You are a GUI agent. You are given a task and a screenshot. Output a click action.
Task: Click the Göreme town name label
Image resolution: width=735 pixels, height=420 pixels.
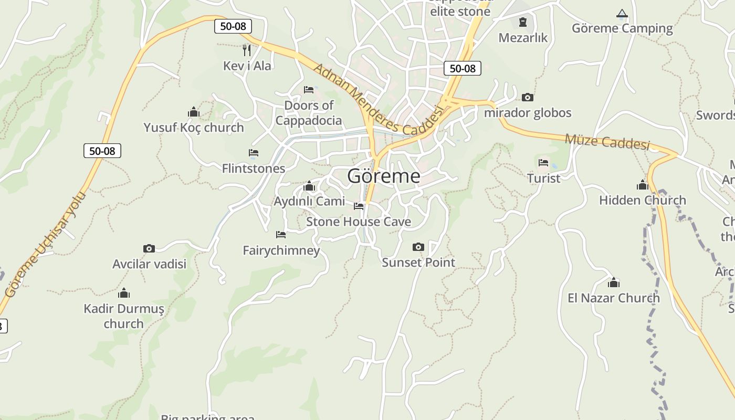[x=384, y=176]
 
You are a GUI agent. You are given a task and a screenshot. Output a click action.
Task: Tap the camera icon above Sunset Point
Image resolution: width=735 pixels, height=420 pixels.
[x=418, y=247]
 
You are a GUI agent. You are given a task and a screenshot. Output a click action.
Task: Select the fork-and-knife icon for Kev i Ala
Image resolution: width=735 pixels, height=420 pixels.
[x=247, y=50]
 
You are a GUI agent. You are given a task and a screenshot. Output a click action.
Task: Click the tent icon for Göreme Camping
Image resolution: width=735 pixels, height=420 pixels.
[x=622, y=14]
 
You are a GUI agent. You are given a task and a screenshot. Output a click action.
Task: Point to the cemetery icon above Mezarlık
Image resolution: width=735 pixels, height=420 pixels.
[x=523, y=22]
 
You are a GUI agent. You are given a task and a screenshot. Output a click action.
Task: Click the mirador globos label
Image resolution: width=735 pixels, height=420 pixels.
[x=528, y=113]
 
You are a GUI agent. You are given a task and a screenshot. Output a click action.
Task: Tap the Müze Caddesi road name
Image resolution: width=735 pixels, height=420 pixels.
[x=607, y=142]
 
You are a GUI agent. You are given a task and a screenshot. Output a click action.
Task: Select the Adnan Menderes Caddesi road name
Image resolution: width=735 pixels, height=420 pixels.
[x=378, y=100]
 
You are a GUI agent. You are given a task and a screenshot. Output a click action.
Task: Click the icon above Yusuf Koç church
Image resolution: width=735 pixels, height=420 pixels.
[x=194, y=112]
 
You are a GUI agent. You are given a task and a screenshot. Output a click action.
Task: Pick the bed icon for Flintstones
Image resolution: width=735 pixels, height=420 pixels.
[x=254, y=153]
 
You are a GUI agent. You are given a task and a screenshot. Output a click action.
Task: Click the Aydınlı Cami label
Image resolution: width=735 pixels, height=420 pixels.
[x=309, y=201]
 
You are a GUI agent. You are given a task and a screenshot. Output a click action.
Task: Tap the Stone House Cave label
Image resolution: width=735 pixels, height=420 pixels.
[x=359, y=222]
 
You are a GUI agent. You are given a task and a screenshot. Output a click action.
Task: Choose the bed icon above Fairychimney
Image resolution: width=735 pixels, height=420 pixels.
[x=281, y=235]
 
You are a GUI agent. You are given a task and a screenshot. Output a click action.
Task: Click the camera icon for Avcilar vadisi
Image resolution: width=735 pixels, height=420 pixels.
[x=149, y=248]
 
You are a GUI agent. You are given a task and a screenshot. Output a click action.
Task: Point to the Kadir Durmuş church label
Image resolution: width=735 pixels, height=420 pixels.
[x=124, y=316]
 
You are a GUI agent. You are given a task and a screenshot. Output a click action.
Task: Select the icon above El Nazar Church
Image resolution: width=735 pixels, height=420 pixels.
[x=613, y=283]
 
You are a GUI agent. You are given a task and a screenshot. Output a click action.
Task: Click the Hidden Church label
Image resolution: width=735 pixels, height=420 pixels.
[x=643, y=200]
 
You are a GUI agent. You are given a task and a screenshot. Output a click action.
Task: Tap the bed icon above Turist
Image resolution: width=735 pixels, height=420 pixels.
[x=543, y=163]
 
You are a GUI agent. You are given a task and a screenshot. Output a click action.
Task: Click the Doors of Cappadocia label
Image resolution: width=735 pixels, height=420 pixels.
[x=309, y=113]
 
